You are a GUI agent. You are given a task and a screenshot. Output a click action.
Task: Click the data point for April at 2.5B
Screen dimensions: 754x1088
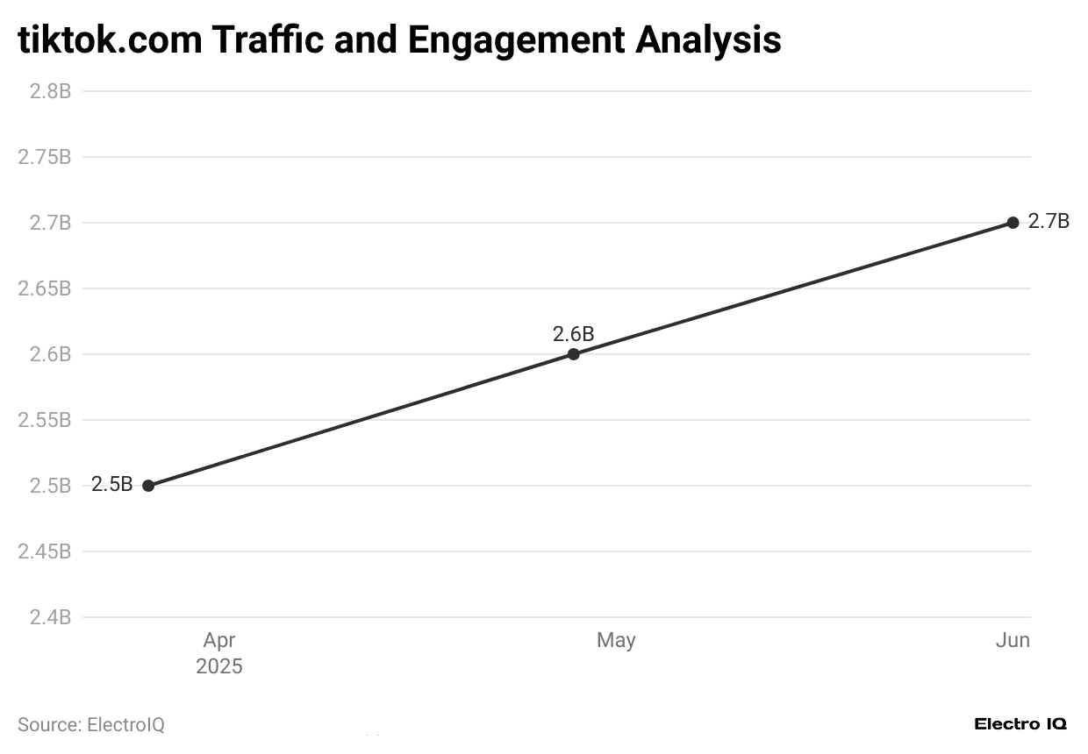(148, 486)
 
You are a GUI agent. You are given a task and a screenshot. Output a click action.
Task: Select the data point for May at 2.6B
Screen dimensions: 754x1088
(573, 354)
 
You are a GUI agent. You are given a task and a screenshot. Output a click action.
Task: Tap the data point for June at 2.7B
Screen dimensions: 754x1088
(1013, 223)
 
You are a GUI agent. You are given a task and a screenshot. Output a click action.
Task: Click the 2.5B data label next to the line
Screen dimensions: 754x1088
(112, 485)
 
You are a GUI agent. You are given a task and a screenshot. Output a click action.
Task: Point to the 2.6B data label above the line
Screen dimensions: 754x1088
(573, 334)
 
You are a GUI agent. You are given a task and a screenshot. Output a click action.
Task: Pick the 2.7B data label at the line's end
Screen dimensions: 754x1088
(1049, 222)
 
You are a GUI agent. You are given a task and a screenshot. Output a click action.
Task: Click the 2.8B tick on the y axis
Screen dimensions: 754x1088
(50, 91)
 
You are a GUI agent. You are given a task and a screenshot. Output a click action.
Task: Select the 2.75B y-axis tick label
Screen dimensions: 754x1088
(45, 157)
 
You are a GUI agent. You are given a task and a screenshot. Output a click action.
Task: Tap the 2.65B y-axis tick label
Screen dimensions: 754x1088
(45, 288)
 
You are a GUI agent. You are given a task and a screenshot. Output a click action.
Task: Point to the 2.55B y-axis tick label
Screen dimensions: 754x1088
(45, 420)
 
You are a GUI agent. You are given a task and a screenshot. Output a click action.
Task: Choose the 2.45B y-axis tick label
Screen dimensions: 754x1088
(45, 551)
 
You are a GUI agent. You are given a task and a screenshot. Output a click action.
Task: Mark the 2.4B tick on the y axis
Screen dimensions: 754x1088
(50, 617)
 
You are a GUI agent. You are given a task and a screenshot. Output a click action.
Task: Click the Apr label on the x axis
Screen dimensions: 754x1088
(219, 641)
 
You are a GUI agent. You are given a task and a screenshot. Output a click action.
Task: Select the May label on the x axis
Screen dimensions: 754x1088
(616, 641)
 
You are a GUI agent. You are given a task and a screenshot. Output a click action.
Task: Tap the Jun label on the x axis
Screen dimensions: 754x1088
(1013, 641)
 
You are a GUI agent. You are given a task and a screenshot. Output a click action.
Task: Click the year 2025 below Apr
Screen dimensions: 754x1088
(219, 667)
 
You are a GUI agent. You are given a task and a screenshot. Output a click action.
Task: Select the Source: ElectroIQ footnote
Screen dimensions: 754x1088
(91, 725)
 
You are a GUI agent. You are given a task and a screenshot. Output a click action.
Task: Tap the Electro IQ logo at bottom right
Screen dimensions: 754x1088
(1020, 724)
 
